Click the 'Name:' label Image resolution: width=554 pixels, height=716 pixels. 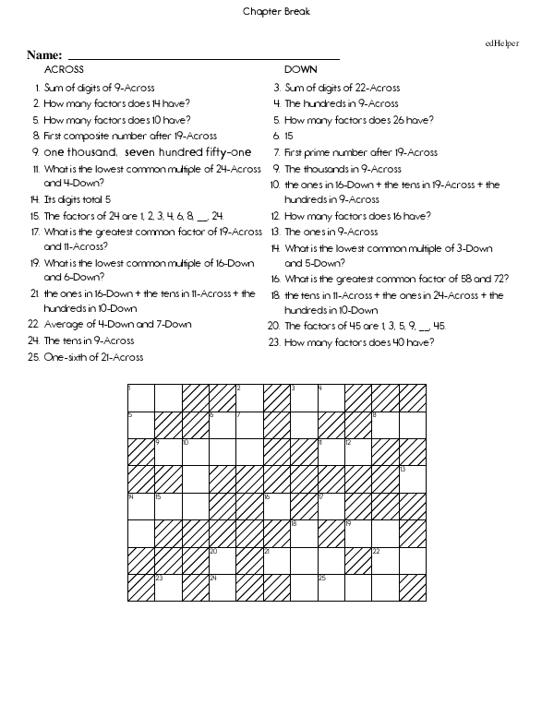click(44, 56)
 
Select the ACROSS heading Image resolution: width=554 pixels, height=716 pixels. click(64, 69)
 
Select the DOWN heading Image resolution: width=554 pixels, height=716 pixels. click(301, 69)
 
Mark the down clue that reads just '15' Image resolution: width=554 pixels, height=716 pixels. click(290, 136)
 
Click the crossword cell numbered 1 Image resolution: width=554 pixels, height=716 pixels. click(141, 398)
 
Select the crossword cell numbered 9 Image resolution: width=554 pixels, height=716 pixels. click(168, 452)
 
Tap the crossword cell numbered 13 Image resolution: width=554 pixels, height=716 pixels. click(413, 479)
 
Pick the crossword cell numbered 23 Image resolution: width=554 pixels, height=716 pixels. click(168, 588)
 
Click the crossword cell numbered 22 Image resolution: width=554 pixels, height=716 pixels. click(385, 560)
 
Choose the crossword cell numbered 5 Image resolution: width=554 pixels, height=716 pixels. click(141, 424)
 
